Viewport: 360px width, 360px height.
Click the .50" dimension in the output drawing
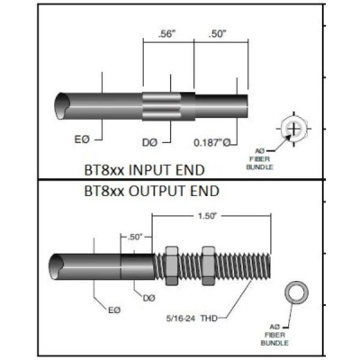pos(135,236)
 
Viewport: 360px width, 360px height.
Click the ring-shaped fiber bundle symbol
pos(294,293)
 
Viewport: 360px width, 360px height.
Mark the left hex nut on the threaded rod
pos(174,262)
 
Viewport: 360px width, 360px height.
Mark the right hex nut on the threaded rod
pos(211,262)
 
